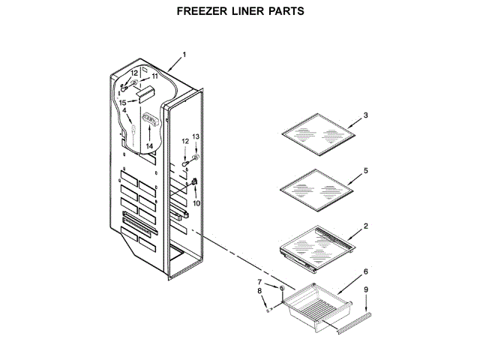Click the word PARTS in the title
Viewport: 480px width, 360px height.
tap(284, 12)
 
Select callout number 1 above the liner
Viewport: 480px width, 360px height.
tap(184, 55)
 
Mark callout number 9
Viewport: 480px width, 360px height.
tap(365, 290)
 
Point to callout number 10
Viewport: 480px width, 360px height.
tap(196, 202)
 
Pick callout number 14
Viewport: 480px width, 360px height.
tap(149, 145)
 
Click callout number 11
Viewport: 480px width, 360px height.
tap(155, 76)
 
